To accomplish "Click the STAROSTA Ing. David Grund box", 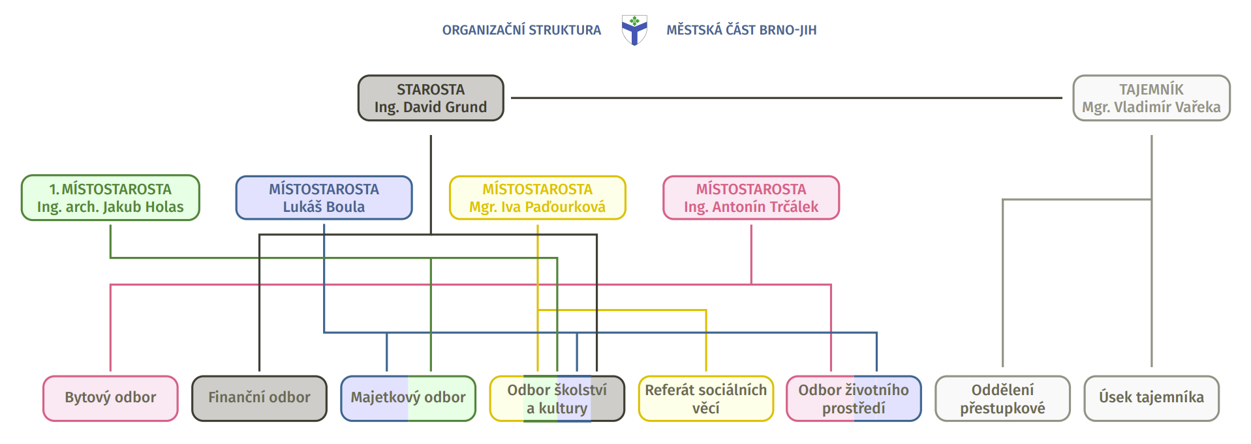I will click(431, 98).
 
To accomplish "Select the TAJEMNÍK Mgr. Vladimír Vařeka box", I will click(1151, 98).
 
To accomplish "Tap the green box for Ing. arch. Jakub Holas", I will click(110, 198).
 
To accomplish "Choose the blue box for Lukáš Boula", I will click(324, 198).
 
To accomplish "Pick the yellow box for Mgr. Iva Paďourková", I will click(537, 198).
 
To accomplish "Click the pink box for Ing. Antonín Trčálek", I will click(751, 198).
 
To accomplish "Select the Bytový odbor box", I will click(110, 398).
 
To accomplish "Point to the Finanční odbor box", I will click(259, 398).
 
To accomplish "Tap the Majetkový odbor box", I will click(408, 398).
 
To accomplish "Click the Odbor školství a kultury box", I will click(557, 398).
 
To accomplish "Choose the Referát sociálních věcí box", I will click(705, 398).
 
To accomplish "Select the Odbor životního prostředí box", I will click(854, 398).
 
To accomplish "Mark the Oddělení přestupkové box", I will click(1002, 398).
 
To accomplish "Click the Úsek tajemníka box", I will click(1151, 398).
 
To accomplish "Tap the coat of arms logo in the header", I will click(634, 30).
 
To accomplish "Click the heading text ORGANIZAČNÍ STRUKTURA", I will click(521, 30).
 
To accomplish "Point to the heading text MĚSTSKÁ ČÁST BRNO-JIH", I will click(741, 30).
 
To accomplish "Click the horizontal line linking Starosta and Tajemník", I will click(783, 98).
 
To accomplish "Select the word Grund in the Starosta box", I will click(465, 107).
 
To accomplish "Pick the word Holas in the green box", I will click(164, 207).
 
